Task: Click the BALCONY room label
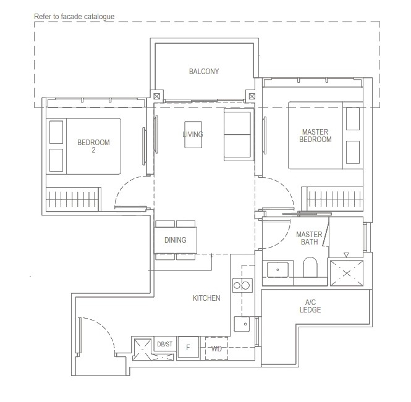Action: tap(204, 72)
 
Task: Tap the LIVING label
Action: tap(193, 135)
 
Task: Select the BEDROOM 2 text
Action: tap(93, 146)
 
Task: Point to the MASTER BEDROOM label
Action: tap(316, 136)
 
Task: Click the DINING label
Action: tap(175, 240)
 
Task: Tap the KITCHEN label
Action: tap(206, 298)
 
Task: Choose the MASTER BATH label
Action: tap(307, 238)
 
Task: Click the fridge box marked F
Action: tap(188, 348)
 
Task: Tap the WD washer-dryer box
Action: tap(217, 348)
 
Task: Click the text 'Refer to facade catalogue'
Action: tap(74, 16)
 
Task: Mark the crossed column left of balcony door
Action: tap(156, 97)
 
